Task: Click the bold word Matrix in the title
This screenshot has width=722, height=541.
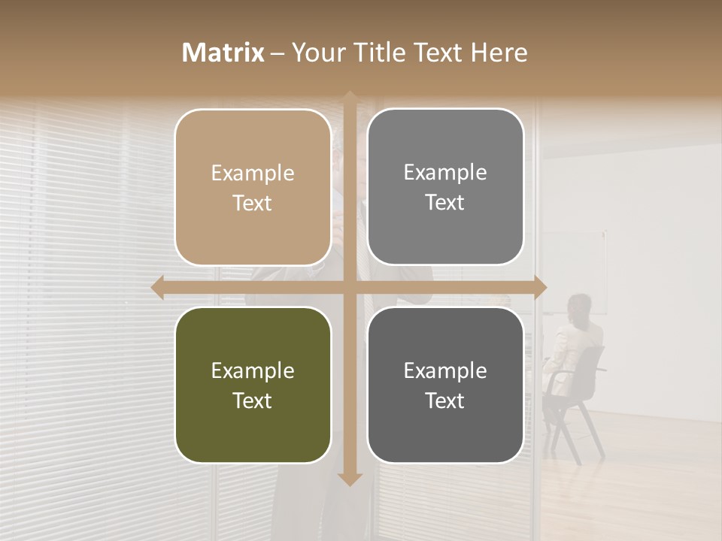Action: pyautogui.click(x=223, y=53)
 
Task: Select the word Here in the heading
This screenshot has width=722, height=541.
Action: pyautogui.click(x=499, y=53)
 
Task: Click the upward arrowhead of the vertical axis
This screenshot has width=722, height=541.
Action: pyautogui.click(x=349, y=96)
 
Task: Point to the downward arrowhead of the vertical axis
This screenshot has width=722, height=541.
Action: pyautogui.click(x=349, y=479)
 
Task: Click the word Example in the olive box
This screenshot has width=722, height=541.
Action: pyautogui.click(x=252, y=371)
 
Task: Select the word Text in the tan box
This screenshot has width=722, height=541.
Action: pyautogui.click(x=252, y=204)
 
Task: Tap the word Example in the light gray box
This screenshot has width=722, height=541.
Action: pyautogui.click(x=444, y=173)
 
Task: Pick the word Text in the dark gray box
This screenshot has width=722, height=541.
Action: pyautogui.click(x=444, y=400)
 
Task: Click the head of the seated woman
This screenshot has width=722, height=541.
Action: pyautogui.click(x=578, y=306)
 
